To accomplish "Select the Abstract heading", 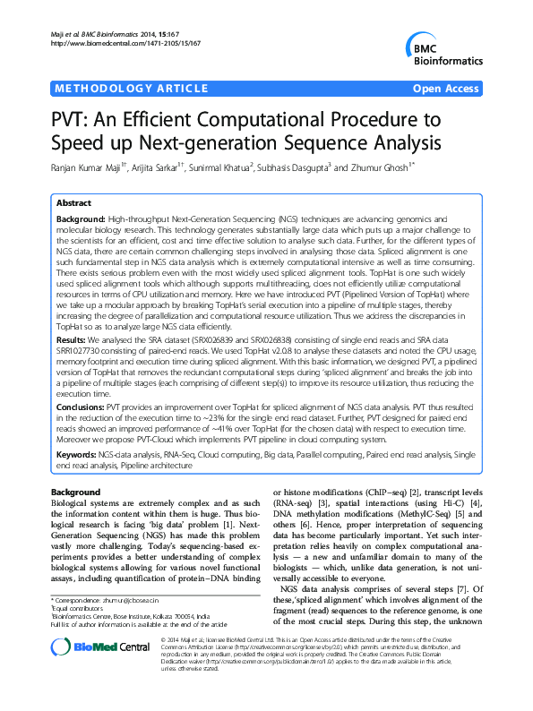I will coord(73,203).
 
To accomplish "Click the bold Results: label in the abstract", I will coord(73,316).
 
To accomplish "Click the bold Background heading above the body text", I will coord(75,493).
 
